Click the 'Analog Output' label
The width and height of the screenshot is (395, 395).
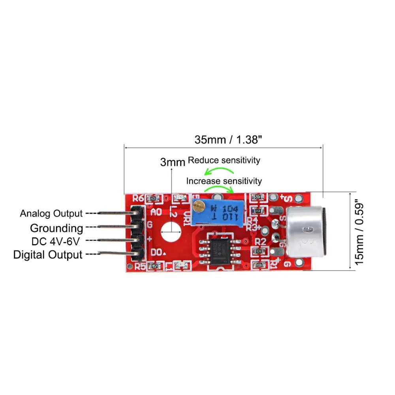pyautogui.click(x=51, y=214)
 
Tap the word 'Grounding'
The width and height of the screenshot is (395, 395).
pyautogui.click(x=56, y=228)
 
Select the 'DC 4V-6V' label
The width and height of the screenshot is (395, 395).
pyautogui.click(x=57, y=241)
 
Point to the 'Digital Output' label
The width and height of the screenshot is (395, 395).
pyautogui.click(x=48, y=254)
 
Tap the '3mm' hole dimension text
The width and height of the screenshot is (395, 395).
pyautogui.click(x=172, y=162)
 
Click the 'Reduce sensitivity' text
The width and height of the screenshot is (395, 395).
pyautogui.click(x=224, y=160)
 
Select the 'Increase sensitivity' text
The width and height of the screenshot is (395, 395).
pyautogui.click(x=224, y=181)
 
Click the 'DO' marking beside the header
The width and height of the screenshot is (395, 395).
pyautogui.click(x=157, y=251)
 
